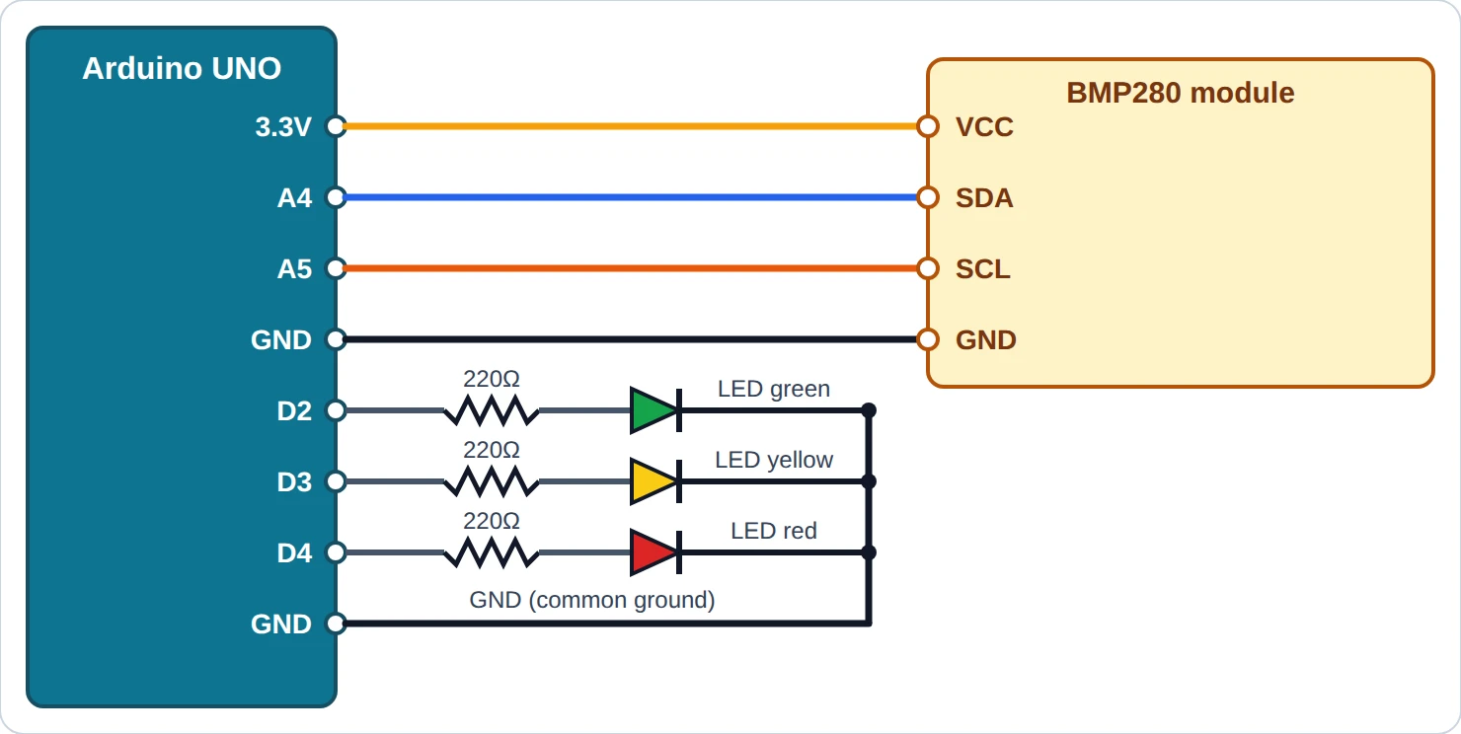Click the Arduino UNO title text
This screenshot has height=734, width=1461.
point(182,68)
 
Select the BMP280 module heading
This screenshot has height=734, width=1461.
point(1180,93)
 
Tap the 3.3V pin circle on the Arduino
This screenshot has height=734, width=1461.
point(336,126)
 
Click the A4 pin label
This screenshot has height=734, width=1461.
point(295,197)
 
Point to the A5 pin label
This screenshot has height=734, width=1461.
point(295,268)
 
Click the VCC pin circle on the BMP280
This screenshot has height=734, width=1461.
point(928,126)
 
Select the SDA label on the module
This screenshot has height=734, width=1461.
point(984,197)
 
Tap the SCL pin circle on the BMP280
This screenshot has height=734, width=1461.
point(928,268)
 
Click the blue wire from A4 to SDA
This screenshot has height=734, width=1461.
point(632,197)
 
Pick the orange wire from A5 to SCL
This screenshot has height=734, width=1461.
point(632,268)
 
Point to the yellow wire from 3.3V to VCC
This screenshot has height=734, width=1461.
point(632,126)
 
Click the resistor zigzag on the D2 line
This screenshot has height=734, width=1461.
point(492,410)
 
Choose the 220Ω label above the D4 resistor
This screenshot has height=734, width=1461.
point(492,521)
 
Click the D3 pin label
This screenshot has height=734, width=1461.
point(295,481)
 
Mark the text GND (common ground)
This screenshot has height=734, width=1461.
point(592,600)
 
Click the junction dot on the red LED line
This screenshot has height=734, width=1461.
point(869,552)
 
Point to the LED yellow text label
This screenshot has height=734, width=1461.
point(774,460)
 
